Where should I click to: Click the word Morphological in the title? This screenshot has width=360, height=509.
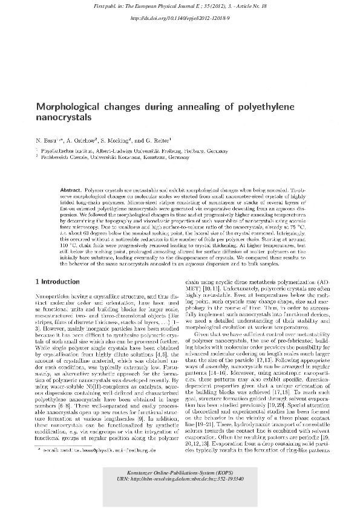(69, 106)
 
